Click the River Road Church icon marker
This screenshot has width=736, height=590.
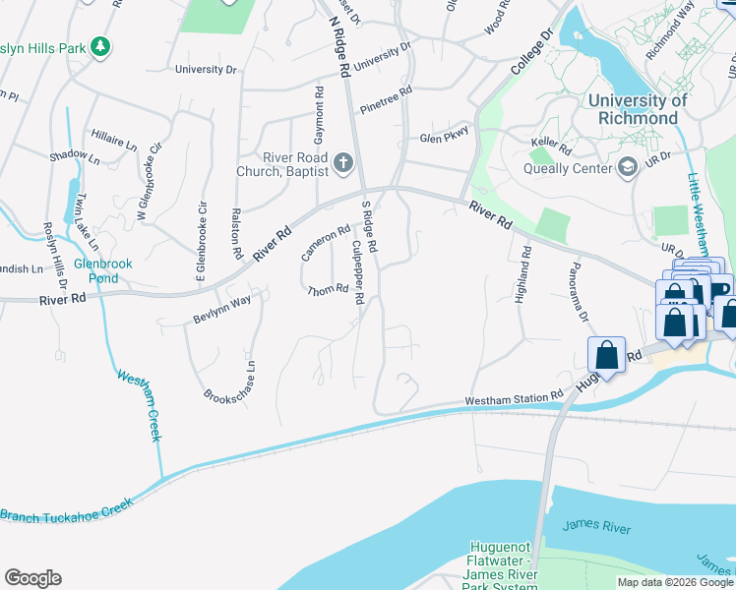coord(343,162)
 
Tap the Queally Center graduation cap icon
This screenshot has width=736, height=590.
coord(626,167)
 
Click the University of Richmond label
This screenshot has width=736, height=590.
coord(637,109)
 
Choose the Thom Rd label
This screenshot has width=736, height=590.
coord(328,290)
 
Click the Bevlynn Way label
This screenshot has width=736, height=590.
coord(222,311)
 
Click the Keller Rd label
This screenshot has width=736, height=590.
coord(551,144)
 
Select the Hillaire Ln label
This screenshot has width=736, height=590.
coord(114,137)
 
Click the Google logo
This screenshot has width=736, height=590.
coord(32,578)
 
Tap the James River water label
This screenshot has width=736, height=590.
coord(596,528)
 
